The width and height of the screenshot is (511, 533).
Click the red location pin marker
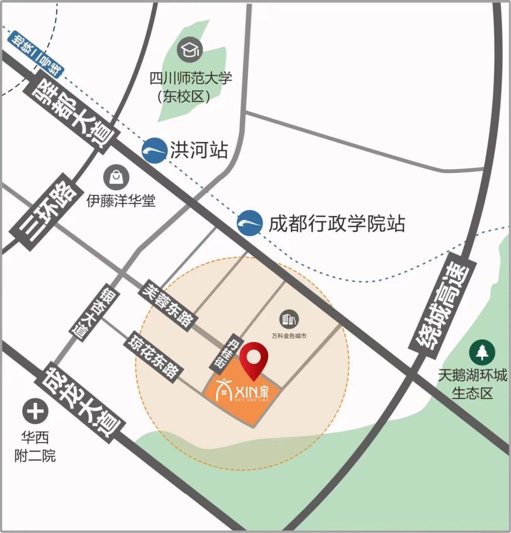(x=253, y=360)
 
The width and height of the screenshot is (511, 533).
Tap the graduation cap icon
(x=190, y=49)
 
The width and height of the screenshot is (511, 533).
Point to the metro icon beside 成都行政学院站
(x=250, y=222)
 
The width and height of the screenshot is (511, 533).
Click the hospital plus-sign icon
(x=34, y=411)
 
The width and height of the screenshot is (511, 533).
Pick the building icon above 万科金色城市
(x=289, y=319)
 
